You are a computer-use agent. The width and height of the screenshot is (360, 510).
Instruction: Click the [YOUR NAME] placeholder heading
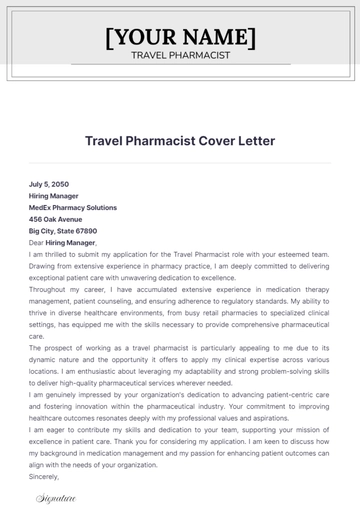tap(180, 38)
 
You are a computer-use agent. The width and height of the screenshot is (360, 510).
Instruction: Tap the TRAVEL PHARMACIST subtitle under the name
tap(180, 55)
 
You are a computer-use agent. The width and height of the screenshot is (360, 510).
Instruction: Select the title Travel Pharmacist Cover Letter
tap(180, 141)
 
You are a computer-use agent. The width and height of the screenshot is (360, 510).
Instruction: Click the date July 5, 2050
tap(50, 185)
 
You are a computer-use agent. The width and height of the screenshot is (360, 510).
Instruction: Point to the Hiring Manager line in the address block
tap(53, 196)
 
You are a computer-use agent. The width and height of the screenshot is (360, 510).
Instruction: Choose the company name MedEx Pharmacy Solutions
tap(73, 207)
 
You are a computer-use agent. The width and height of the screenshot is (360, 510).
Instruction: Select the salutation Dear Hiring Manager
tap(62, 242)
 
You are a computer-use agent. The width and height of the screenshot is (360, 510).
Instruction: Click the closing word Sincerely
tap(45, 477)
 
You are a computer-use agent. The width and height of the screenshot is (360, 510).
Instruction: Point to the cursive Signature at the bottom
tap(53, 497)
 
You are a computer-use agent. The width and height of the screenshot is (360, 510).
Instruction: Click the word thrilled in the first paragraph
tap(59, 254)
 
